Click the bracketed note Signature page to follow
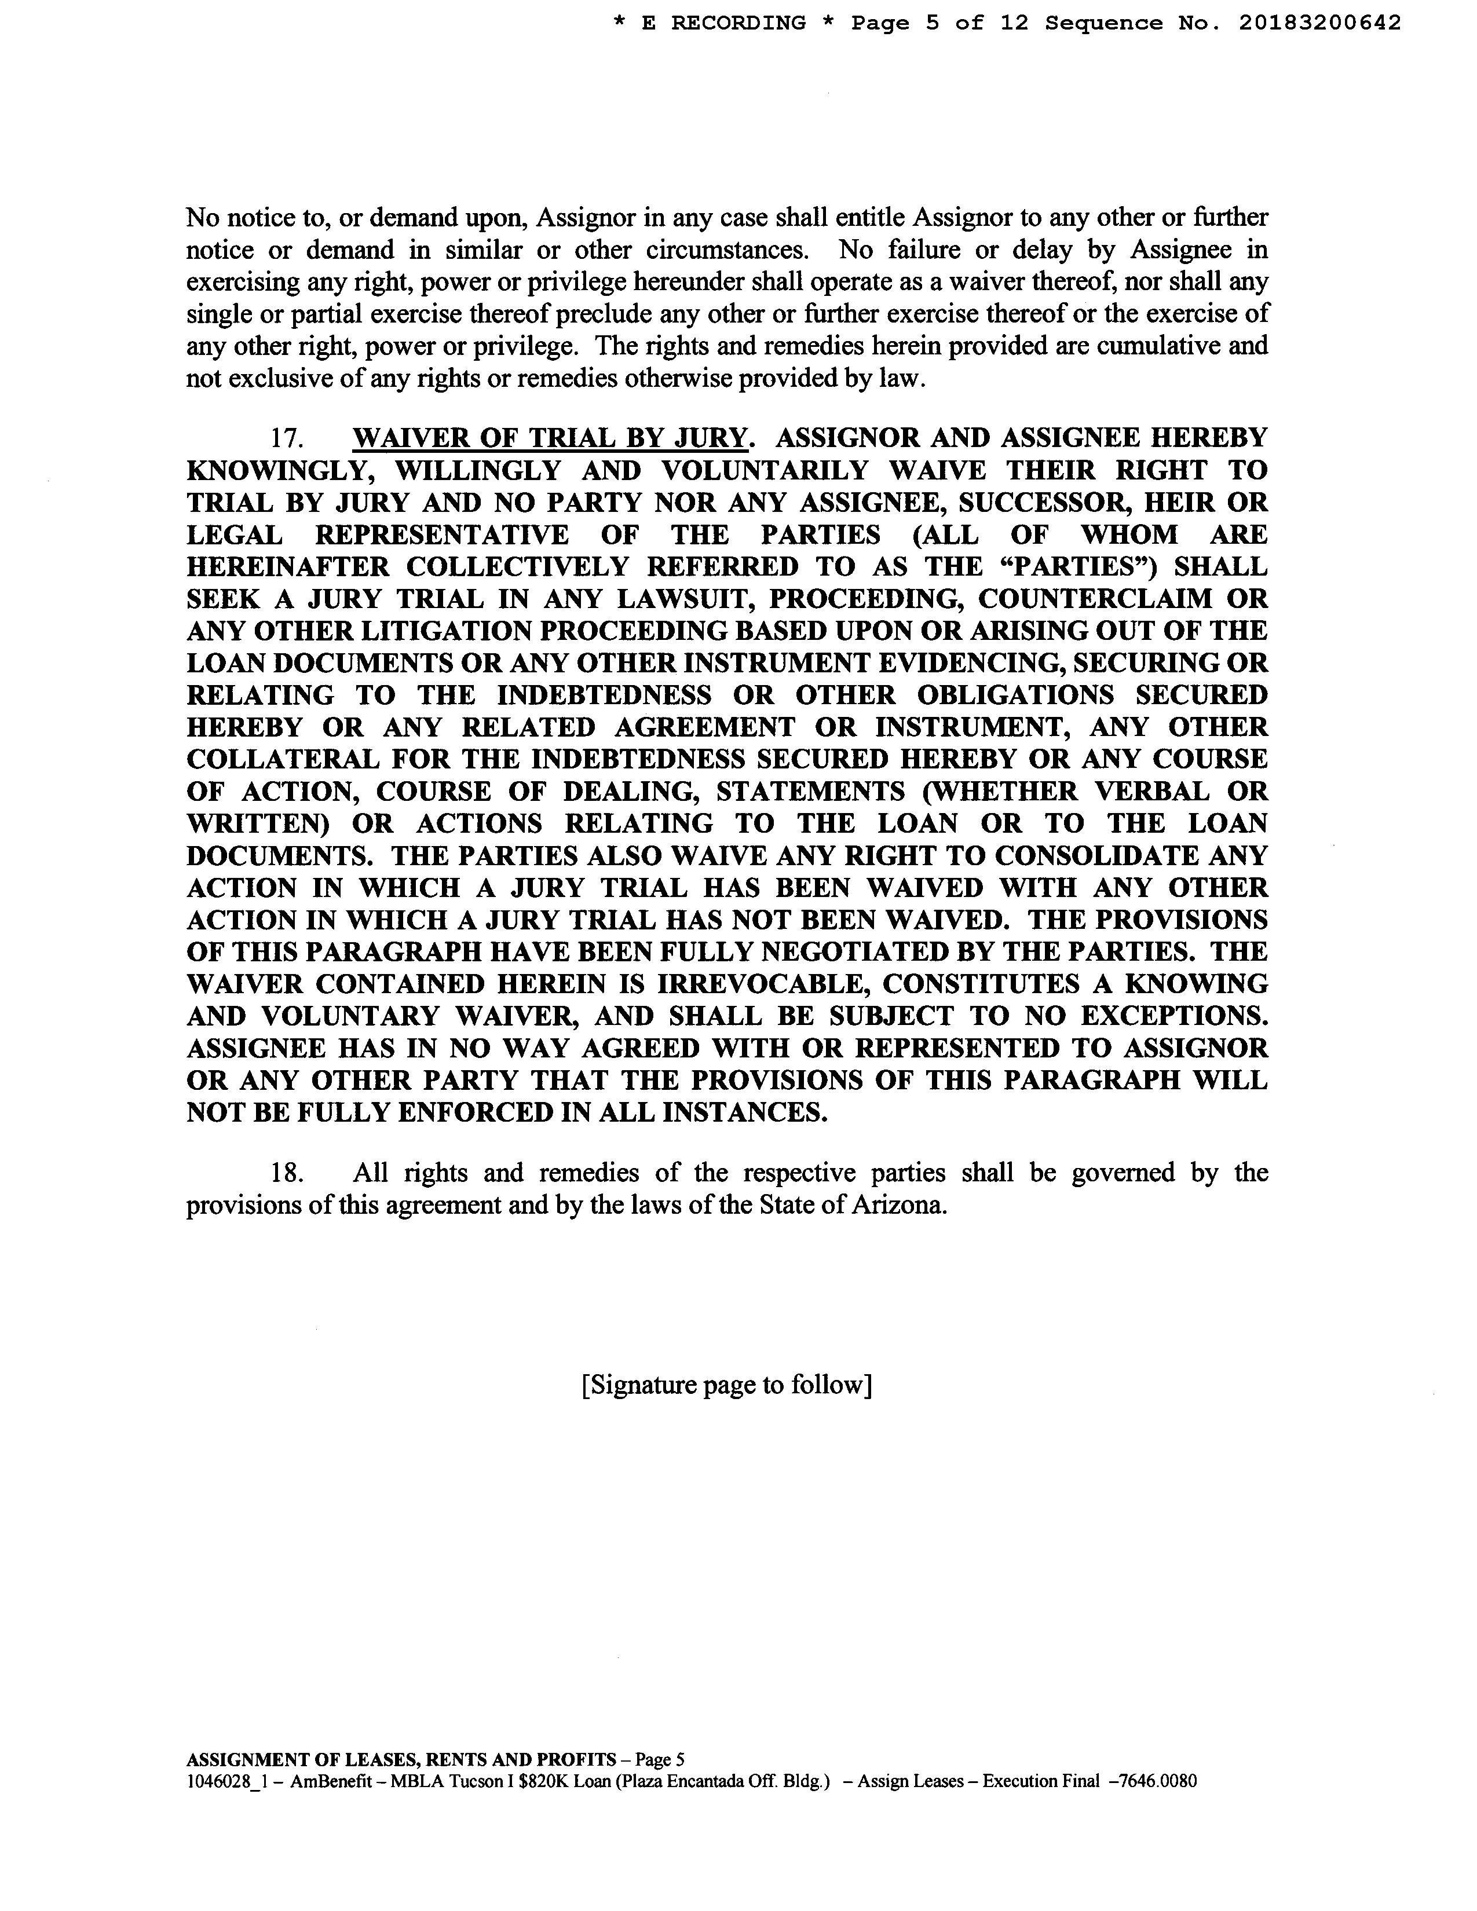726,1385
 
